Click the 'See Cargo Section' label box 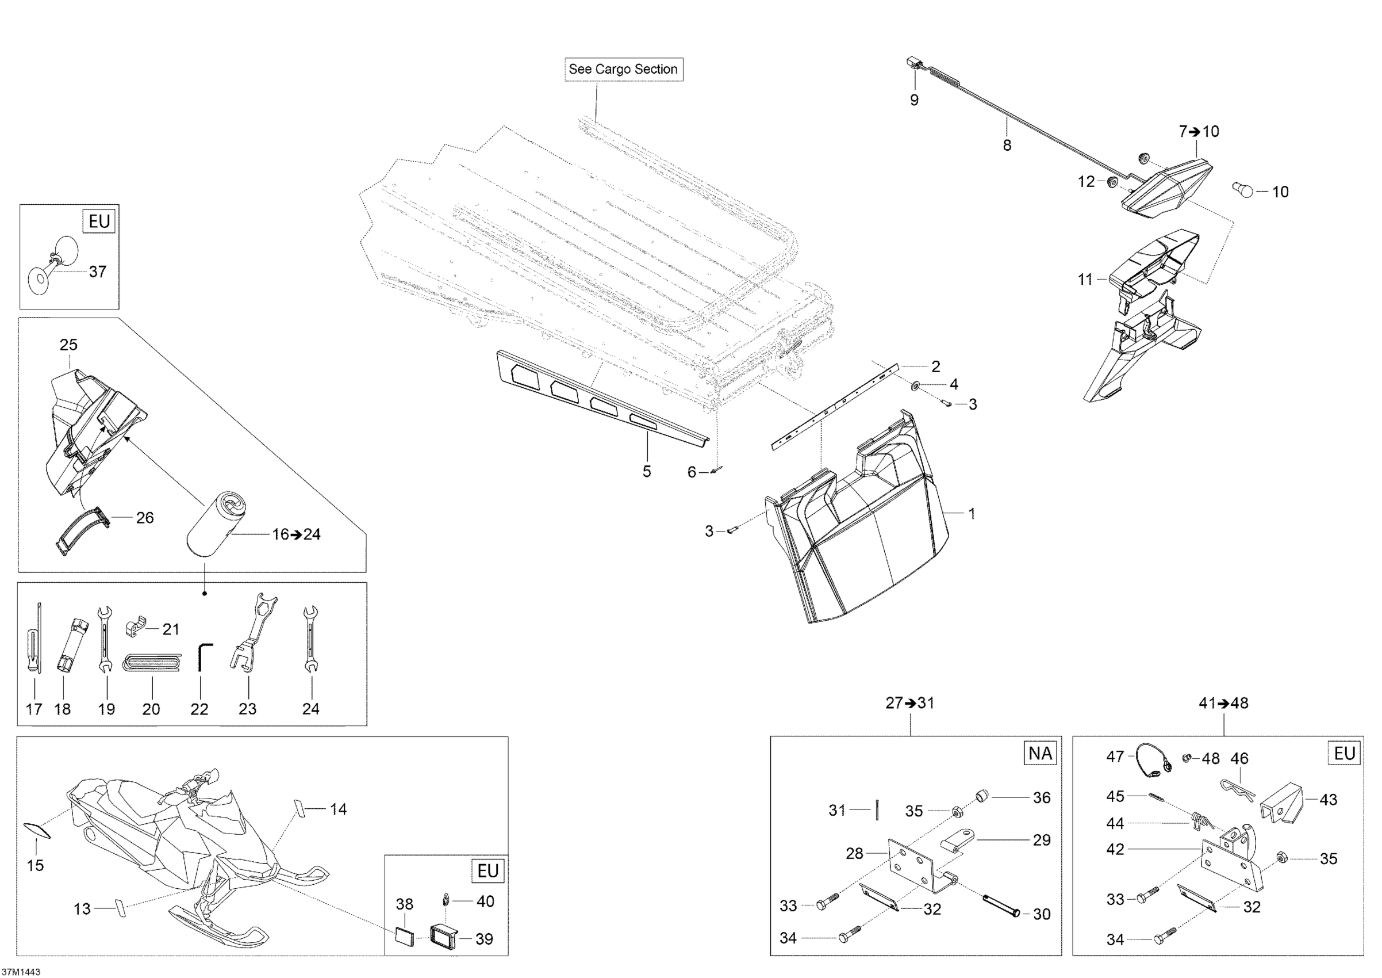tap(623, 69)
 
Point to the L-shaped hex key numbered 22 tap(204, 656)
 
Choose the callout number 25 tap(68, 345)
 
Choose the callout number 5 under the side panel tap(647, 471)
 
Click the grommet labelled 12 tap(1112, 181)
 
